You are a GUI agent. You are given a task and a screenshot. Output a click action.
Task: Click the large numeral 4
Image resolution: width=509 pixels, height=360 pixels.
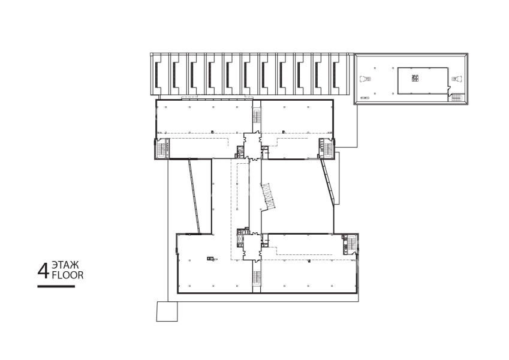[x=44, y=271]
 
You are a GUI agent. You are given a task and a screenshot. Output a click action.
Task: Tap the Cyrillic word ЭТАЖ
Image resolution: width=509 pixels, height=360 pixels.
[x=65, y=265]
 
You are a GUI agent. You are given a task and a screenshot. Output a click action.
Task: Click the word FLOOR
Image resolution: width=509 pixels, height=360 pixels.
[x=68, y=275]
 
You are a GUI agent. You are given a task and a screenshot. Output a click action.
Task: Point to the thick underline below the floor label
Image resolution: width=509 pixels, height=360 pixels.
[x=56, y=286]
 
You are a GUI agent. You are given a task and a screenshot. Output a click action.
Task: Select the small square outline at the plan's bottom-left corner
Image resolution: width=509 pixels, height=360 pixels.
[x=167, y=311]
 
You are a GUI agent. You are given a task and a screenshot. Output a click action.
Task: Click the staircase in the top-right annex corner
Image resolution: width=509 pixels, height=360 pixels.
[x=457, y=97]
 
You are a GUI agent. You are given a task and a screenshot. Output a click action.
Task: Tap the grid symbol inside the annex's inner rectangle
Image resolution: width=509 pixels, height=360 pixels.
[x=414, y=78]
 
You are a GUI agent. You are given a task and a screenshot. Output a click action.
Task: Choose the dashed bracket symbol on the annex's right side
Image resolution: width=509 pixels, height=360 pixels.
[x=456, y=79]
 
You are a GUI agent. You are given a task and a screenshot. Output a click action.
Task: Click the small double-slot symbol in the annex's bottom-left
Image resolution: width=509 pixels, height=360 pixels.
[x=365, y=97]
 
